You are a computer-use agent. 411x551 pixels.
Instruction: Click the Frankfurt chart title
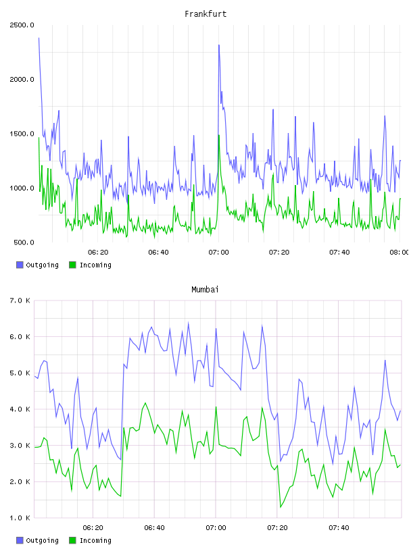coord(205,14)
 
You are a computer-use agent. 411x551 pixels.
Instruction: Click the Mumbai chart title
coord(205,290)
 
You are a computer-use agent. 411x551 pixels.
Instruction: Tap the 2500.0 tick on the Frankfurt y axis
coord(22,25)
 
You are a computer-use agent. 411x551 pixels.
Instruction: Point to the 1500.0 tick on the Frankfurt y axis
coord(22,134)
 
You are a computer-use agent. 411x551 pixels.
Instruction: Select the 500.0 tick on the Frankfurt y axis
coord(24,242)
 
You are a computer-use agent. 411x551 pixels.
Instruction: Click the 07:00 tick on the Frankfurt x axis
coord(218,253)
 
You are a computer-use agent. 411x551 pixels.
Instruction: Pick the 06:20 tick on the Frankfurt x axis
coord(98,253)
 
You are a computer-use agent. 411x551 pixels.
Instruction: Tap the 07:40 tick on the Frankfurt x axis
coord(339,253)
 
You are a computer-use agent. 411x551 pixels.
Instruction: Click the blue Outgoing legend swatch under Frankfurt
coord(20,265)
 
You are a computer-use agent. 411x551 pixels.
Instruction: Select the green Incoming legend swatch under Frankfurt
coord(72,265)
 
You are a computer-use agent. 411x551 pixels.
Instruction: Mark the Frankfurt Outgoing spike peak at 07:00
coord(219,45)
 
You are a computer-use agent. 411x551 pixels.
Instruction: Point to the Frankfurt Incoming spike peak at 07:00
coord(219,135)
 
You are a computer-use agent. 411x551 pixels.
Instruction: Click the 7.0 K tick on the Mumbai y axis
coord(20,300)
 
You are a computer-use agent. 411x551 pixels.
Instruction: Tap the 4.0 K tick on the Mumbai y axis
coord(20,409)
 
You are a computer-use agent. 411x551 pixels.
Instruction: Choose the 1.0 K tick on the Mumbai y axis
coord(20,518)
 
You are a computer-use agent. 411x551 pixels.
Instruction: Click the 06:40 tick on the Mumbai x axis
coord(154,528)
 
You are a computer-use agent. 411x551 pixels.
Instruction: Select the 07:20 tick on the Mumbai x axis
coord(277,528)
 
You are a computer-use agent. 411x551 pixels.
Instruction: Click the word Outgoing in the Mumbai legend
coord(42,540)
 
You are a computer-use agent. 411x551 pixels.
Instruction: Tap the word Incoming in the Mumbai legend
coord(95,540)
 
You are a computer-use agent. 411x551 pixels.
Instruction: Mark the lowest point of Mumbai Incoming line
coord(281,507)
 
